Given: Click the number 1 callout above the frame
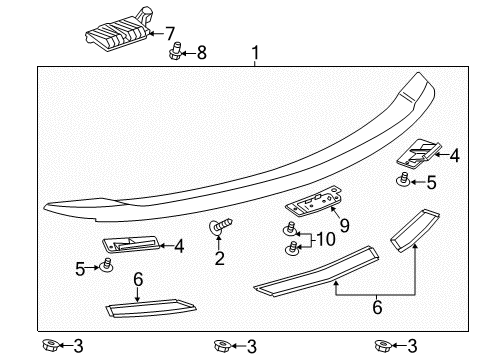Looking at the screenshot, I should click(x=255, y=52).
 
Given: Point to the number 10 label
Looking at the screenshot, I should click(x=326, y=240).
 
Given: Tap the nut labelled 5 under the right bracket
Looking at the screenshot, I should click(x=402, y=180).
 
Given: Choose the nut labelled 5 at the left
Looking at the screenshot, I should click(x=106, y=267).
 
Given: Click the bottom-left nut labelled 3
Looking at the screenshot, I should click(x=47, y=345).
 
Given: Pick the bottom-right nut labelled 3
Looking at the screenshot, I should click(x=380, y=345).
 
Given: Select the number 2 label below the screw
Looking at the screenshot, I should click(x=219, y=259).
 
